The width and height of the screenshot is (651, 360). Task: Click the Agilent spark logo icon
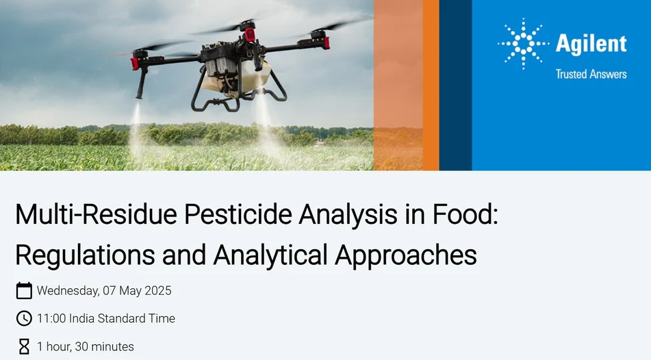click(523, 44)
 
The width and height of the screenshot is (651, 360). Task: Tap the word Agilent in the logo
click(591, 44)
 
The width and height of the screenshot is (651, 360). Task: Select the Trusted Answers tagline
click(591, 74)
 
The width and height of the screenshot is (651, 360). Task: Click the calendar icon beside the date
click(24, 291)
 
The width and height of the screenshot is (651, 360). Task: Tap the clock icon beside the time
click(24, 318)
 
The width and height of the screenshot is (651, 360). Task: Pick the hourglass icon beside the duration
click(24, 346)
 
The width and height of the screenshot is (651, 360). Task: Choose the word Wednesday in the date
click(68, 291)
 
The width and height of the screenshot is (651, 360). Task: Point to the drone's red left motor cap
click(136, 64)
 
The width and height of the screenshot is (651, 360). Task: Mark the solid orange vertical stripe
click(431, 85)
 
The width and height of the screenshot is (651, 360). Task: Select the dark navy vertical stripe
click(455, 85)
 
